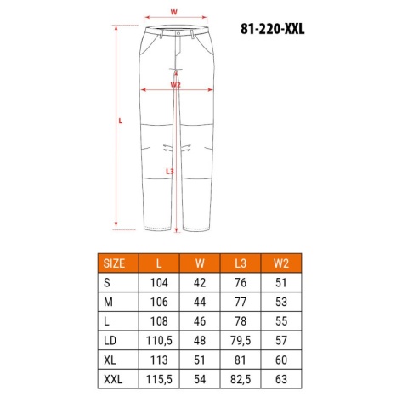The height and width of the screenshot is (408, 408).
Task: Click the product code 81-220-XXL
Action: (x=273, y=29)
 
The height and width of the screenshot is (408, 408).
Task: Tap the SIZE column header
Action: (x=114, y=263)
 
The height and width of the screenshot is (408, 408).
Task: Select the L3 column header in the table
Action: (x=241, y=263)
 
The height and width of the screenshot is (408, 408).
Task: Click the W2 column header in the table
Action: (x=281, y=263)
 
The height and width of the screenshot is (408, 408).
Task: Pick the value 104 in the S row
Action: (x=159, y=283)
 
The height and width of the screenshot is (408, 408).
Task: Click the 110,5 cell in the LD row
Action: (x=159, y=341)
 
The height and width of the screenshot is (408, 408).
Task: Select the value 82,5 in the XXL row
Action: (x=241, y=379)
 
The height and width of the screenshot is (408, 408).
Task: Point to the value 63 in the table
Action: (x=281, y=379)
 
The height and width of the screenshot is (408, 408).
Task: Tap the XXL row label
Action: (x=113, y=379)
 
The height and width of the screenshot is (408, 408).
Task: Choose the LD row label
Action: (x=110, y=341)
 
